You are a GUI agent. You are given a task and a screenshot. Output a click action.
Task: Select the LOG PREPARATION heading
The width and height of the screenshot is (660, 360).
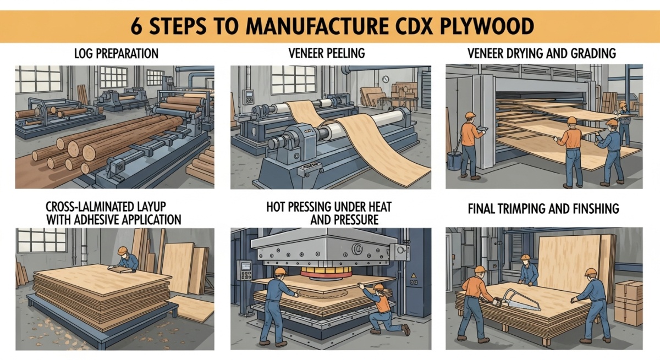116,54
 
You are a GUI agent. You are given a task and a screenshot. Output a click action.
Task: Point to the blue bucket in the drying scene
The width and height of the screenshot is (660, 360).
454,160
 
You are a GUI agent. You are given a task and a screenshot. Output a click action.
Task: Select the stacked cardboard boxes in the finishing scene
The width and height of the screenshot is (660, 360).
628,302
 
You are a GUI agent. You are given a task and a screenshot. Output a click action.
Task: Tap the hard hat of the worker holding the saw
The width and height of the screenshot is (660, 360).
480,269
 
